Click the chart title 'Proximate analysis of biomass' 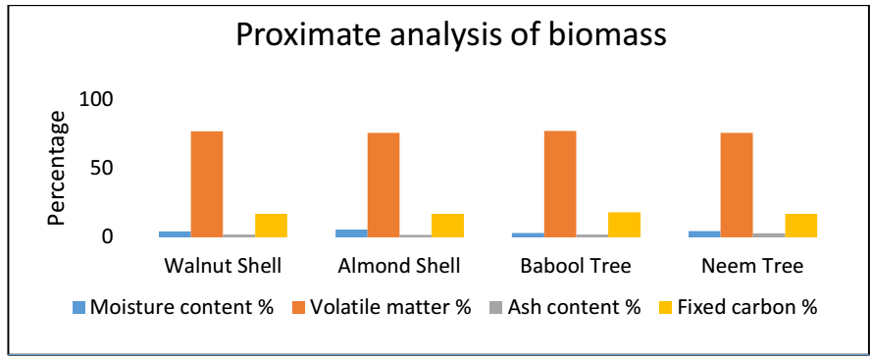(x=451, y=36)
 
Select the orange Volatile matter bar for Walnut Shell (x=207, y=184)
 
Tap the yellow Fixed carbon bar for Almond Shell (x=447, y=226)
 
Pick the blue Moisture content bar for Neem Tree (x=704, y=234)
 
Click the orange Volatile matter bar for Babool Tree (x=560, y=184)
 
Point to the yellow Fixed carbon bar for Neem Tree (x=800, y=226)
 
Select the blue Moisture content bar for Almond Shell (x=351, y=233)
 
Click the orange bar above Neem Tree (x=737, y=184)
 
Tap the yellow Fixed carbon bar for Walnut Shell (x=272, y=226)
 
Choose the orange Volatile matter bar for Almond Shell (x=384, y=184)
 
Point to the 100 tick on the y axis (x=97, y=100)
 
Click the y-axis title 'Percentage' (x=56, y=169)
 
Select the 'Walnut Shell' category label (x=223, y=266)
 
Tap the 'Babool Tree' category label (x=576, y=266)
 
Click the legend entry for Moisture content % (x=173, y=307)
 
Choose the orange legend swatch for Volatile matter (x=299, y=307)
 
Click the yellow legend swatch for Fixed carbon (x=667, y=307)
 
